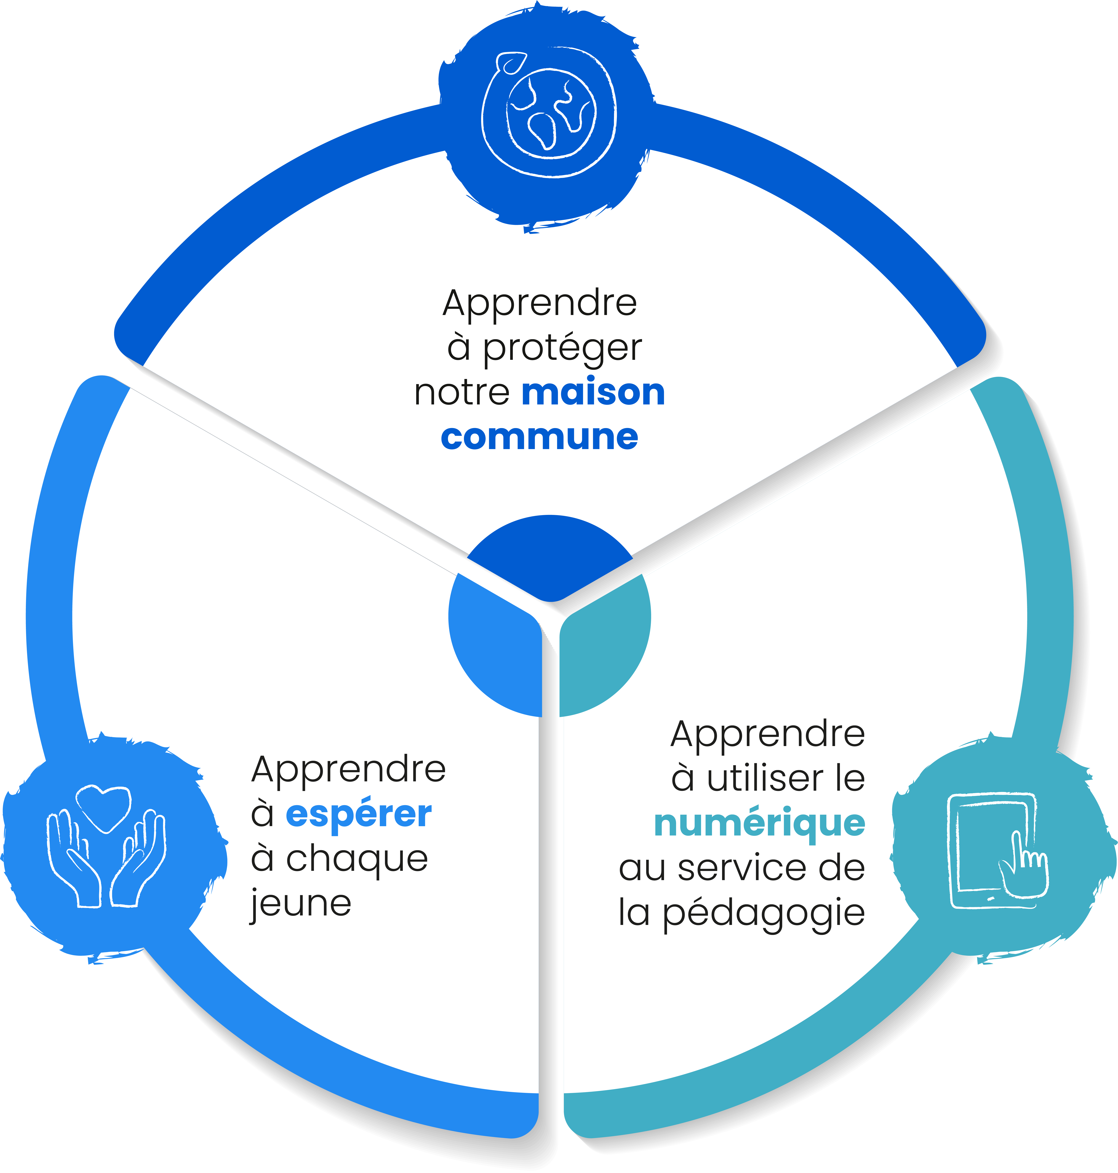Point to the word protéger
[562, 348]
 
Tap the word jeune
[301, 904]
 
